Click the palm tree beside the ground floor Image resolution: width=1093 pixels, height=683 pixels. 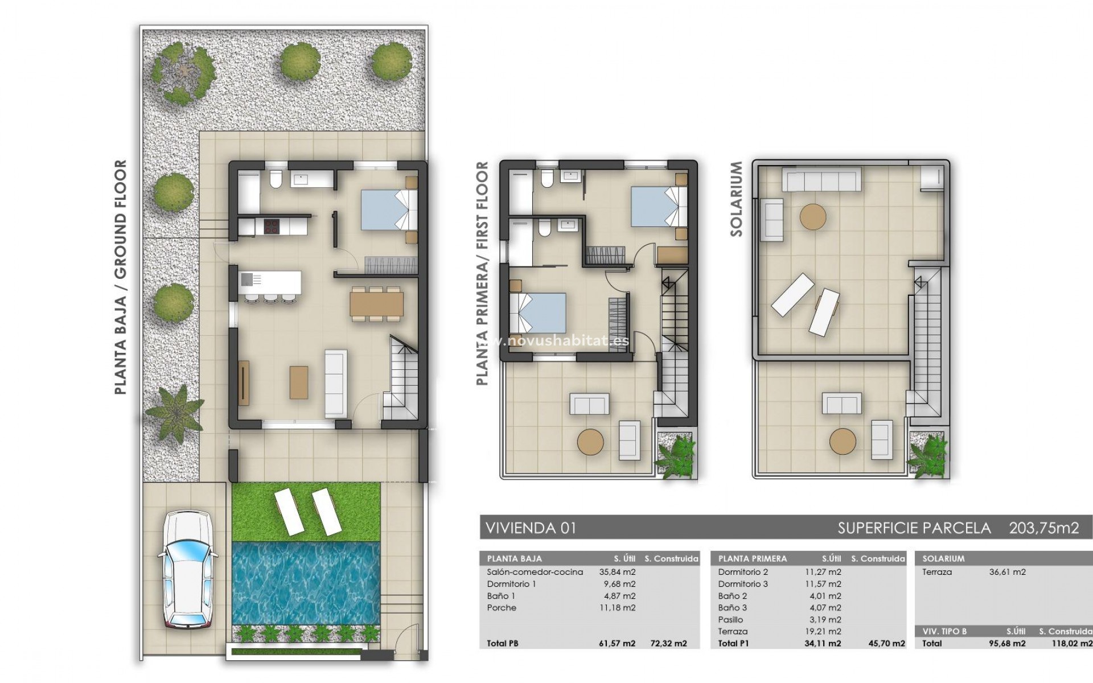click(174, 410)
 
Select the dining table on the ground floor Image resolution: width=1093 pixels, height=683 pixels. click(376, 304)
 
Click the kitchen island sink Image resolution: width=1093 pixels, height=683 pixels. click(248, 279)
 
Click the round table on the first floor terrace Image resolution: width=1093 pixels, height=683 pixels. click(590, 442)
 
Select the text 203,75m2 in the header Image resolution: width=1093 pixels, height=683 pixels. click(1043, 528)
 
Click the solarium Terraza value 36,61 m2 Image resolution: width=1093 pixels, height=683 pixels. click(1007, 572)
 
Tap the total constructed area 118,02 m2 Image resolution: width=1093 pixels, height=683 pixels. click(1065, 644)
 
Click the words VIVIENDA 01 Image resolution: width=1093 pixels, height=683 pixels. click(531, 528)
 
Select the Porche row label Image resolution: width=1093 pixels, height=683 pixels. click(502, 608)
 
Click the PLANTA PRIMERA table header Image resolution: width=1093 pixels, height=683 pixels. click(752, 559)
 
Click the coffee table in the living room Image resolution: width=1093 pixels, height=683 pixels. click(299, 382)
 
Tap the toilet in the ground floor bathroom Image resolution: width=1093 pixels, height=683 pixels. click(275, 180)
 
